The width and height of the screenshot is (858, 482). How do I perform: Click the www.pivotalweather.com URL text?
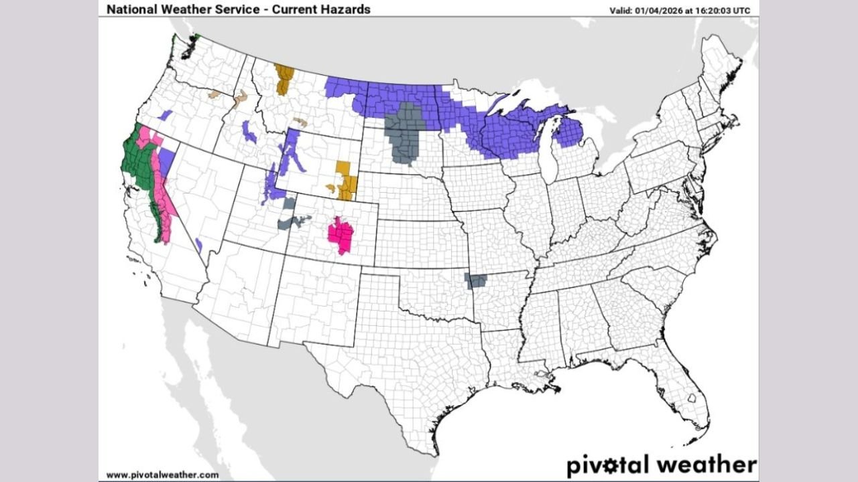162,475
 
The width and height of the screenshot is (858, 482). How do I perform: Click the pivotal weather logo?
661,464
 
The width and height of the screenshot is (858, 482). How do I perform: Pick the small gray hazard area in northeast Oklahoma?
476,280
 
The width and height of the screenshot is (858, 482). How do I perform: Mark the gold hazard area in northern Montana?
284,78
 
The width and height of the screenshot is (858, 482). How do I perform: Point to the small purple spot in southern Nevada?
198,244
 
